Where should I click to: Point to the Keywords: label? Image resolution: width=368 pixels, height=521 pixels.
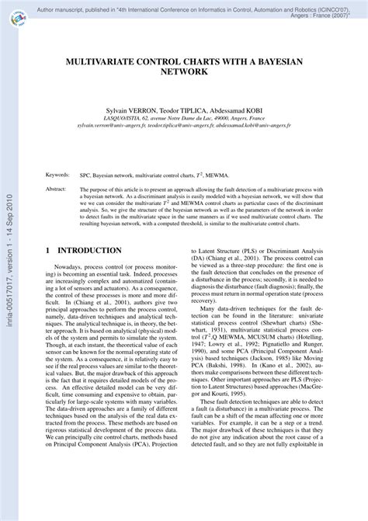[57, 175]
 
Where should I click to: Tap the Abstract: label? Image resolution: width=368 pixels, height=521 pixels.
[56, 189]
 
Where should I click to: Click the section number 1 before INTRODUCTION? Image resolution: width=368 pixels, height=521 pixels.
[48, 251]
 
